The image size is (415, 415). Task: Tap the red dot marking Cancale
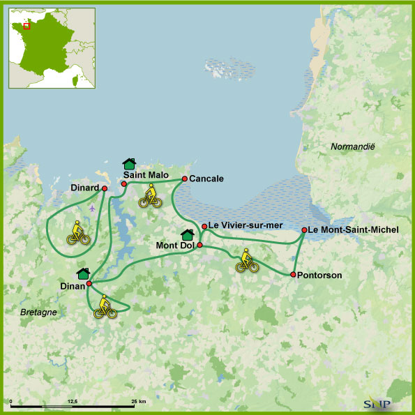coord(184,179)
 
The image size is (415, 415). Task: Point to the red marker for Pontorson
coord(293,274)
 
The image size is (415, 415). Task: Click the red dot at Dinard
coord(105,188)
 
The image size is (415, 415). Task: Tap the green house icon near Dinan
coord(83,273)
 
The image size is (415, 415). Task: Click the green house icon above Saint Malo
coord(128,164)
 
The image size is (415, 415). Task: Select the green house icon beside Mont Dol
coord(187,235)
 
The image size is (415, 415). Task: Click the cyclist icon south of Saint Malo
coord(150,196)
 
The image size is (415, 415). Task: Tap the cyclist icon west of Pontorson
coord(246,260)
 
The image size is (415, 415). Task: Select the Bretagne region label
coord(38,312)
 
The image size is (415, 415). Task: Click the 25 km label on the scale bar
coord(137,402)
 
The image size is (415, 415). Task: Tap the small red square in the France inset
coord(27,26)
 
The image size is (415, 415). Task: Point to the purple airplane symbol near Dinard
coord(93,207)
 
